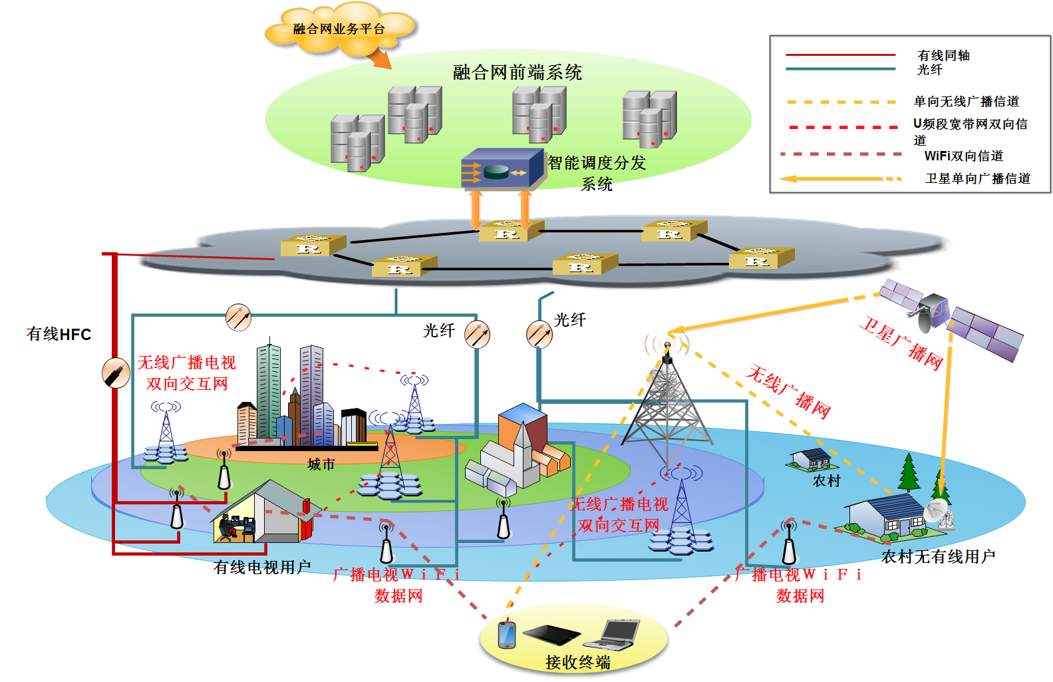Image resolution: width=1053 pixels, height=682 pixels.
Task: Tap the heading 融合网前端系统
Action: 517,73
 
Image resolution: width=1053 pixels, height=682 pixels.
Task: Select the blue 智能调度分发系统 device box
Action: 502,169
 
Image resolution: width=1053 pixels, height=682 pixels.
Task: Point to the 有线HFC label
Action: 59,334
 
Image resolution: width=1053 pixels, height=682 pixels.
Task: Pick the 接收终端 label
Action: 578,662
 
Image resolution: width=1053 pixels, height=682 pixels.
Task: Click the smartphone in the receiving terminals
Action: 506,635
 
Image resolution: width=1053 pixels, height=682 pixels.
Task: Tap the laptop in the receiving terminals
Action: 612,635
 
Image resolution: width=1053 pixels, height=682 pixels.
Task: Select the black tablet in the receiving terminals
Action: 551,635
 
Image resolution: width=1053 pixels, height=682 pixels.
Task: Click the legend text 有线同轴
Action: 943,55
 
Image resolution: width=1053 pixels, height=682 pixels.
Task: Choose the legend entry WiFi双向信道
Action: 964,156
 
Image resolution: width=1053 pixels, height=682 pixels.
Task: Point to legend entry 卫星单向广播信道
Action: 978,178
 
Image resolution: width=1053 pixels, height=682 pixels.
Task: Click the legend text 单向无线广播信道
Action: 967,101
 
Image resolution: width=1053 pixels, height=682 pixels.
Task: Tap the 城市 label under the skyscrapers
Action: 321,464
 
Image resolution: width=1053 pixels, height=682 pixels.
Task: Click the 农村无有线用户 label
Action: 939,556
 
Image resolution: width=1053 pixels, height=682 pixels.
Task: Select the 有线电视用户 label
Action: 262,568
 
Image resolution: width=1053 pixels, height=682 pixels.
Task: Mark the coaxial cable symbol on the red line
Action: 116,373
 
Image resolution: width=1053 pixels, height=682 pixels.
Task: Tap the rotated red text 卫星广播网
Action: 903,343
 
